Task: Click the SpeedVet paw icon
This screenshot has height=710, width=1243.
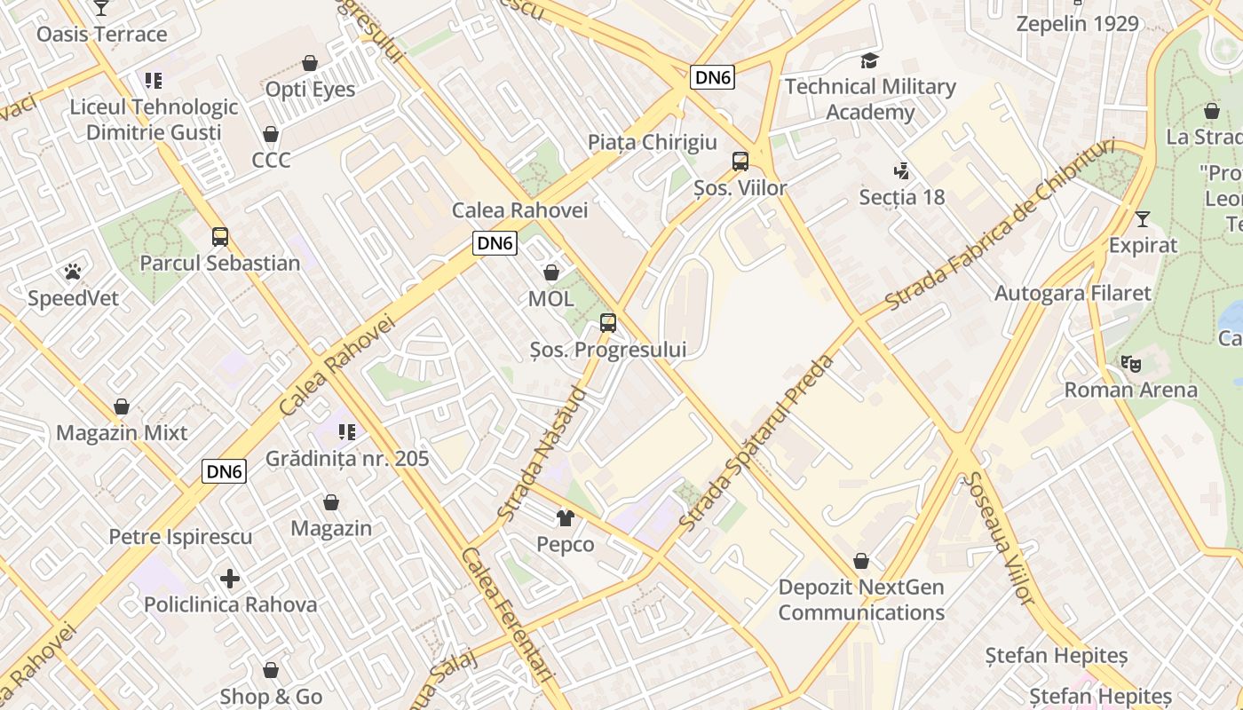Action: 73,271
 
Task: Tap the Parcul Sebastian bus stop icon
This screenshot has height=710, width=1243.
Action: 219,237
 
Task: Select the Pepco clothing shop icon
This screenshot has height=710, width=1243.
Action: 565,517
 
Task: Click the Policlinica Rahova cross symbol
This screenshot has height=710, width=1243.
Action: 230,579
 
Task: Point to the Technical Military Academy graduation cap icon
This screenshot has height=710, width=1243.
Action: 869,60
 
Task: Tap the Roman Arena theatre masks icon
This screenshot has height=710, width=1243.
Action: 1130,363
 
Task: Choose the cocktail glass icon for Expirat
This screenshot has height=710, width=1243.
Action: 1143,218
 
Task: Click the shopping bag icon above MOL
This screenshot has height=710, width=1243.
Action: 550,272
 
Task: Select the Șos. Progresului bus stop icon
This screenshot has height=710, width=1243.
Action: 607,323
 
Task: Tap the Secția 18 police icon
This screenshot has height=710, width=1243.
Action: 901,170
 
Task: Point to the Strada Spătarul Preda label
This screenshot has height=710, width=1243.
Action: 757,443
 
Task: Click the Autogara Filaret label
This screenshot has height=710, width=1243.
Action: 1073,293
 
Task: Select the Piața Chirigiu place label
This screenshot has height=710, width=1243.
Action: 652,142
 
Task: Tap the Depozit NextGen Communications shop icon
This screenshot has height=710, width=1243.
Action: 860,561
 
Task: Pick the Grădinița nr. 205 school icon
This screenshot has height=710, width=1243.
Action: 347,432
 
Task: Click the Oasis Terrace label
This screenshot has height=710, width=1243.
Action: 101,35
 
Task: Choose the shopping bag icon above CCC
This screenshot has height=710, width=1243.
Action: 271,134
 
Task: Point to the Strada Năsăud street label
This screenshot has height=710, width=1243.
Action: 542,453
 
